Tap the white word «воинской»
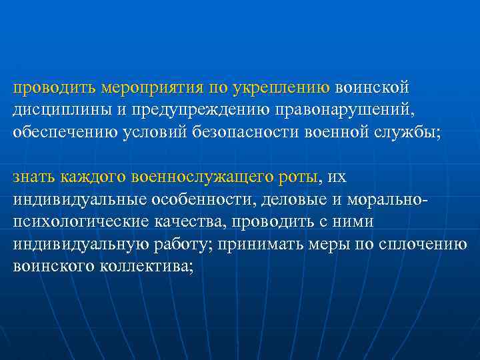373,87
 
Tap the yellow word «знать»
34,177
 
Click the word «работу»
185,243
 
